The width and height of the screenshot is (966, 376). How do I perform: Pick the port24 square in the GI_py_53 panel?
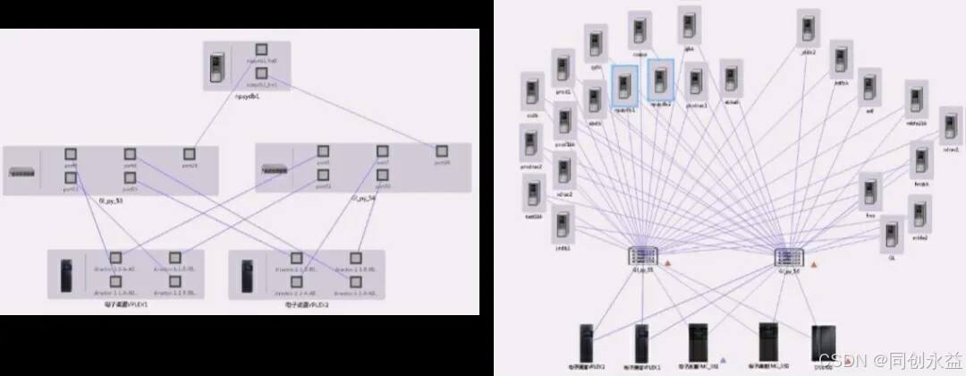[x=190, y=154]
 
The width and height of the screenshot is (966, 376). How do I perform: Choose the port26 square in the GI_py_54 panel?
[x=442, y=150]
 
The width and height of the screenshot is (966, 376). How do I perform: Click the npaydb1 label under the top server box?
[x=245, y=96]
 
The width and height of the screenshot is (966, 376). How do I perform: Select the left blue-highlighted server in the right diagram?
[x=624, y=81]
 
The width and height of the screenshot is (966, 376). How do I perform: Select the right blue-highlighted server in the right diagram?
[x=661, y=78]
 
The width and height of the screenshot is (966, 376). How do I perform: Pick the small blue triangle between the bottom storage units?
[x=723, y=360]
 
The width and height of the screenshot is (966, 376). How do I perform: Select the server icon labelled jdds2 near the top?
[x=809, y=28]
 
